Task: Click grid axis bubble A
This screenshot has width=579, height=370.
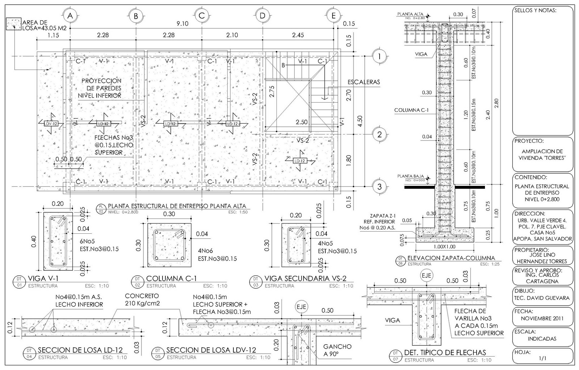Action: click(70, 16)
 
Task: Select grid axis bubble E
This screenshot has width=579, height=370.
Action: click(333, 16)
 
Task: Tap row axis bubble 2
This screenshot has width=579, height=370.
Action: click(379, 135)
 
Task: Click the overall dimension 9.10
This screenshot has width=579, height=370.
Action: click(182, 24)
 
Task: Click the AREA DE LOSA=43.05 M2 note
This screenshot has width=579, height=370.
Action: click(43, 25)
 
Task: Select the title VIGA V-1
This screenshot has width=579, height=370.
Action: click(43, 278)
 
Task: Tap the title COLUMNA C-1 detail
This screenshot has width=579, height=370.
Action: click(171, 279)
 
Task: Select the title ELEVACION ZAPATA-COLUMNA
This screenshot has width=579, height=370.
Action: click(451, 258)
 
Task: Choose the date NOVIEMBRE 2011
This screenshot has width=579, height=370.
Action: click(542, 319)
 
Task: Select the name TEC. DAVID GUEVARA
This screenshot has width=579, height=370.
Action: click(542, 298)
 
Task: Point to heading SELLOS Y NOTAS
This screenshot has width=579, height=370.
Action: click(535, 11)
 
